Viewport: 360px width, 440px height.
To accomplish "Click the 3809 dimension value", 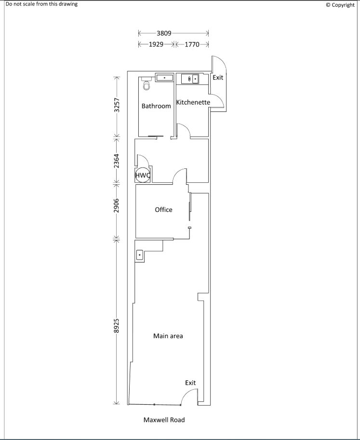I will (164, 34).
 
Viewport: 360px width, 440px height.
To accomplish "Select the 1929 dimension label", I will (155, 44).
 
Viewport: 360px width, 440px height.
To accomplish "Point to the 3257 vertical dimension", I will (116, 106).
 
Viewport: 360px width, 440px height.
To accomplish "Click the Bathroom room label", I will (156, 106).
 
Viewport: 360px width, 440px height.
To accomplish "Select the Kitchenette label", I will (193, 102).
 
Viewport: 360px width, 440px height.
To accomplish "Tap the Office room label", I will (163, 210).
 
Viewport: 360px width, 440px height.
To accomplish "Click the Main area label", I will (168, 336).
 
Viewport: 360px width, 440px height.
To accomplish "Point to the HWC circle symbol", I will (143, 175).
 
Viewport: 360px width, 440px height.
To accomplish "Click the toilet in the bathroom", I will (147, 85).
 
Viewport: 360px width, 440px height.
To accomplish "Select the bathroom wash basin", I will (164, 77).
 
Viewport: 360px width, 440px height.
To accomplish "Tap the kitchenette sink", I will (193, 79).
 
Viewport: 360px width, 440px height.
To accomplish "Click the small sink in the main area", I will (140, 254).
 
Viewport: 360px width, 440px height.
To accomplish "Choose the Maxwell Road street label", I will (164, 420).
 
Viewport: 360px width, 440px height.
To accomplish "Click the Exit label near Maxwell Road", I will (190, 383).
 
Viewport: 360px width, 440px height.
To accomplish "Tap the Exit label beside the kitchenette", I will (218, 78).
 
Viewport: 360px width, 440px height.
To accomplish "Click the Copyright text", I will (340, 5).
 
